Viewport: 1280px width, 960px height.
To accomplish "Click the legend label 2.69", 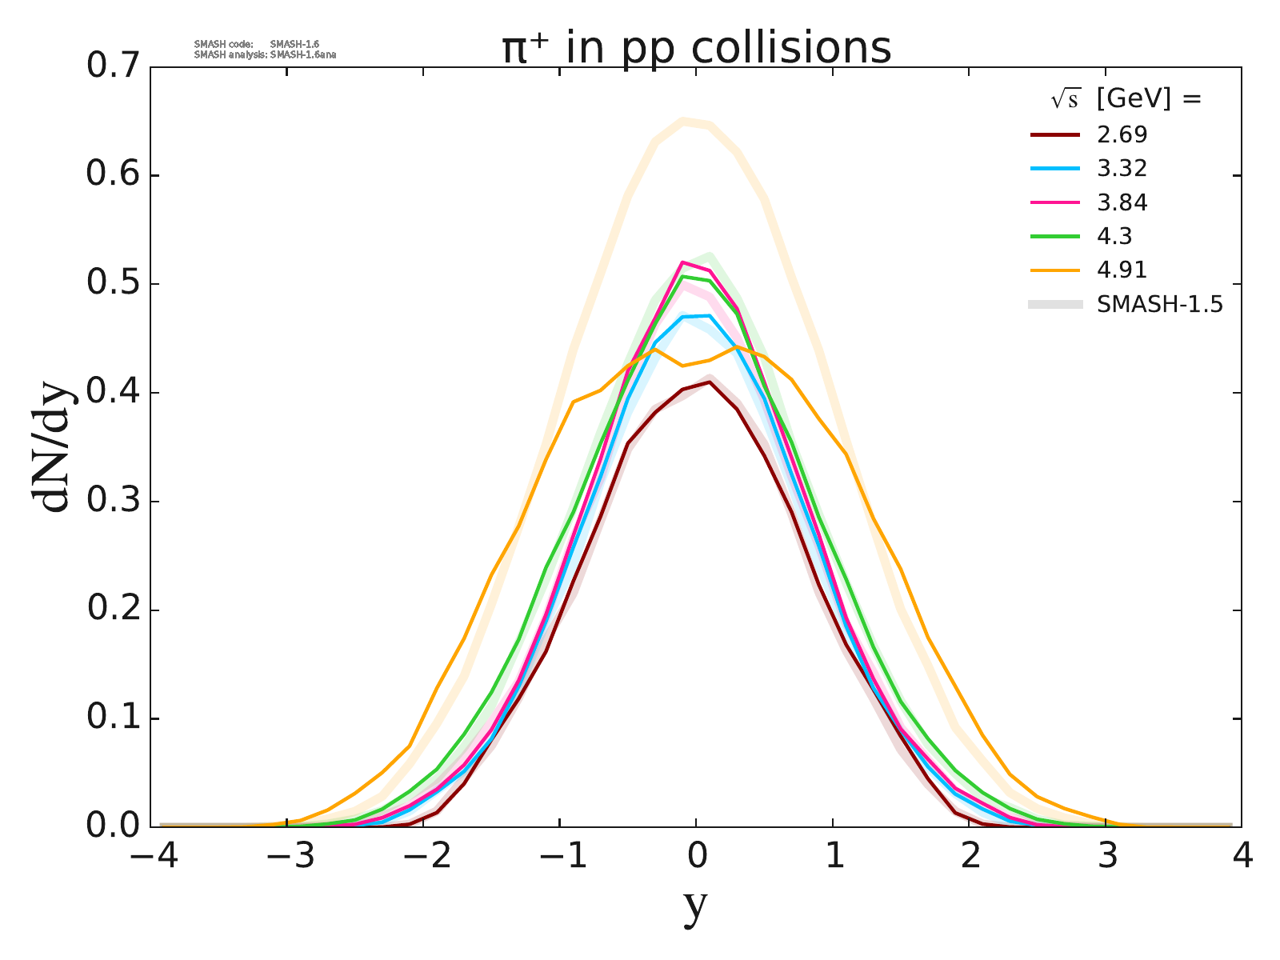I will (x=1122, y=134).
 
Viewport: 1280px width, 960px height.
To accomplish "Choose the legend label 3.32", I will (x=1122, y=169).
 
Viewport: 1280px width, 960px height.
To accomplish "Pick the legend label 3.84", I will (x=1122, y=203).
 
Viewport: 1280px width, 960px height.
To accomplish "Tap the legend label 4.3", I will (x=1114, y=237).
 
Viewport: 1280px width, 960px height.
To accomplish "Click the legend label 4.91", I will (x=1122, y=270).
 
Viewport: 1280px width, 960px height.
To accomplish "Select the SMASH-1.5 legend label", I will (x=1160, y=305).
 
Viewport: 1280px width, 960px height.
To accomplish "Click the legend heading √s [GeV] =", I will (x=1126, y=99).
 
